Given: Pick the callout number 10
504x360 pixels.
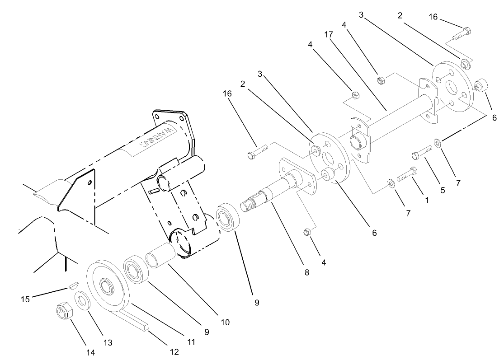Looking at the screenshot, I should point(225,322).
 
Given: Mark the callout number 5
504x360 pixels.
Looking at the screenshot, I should point(442,190).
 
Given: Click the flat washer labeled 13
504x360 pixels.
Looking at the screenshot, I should point(82,300).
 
